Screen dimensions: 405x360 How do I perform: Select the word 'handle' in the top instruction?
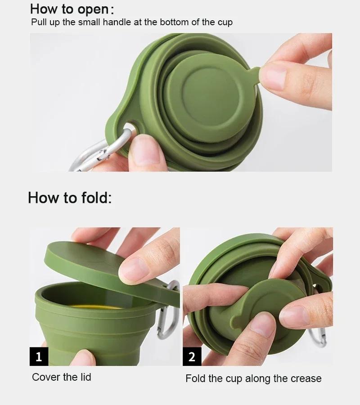[x=116, y=22]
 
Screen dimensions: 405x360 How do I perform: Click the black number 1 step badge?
[x=39, y=357]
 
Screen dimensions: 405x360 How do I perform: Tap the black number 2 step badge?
[x=192, y=357]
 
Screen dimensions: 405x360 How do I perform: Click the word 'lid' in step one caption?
[x=85, y=377]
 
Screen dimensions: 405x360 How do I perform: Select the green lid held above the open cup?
[x=90, y=265]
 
